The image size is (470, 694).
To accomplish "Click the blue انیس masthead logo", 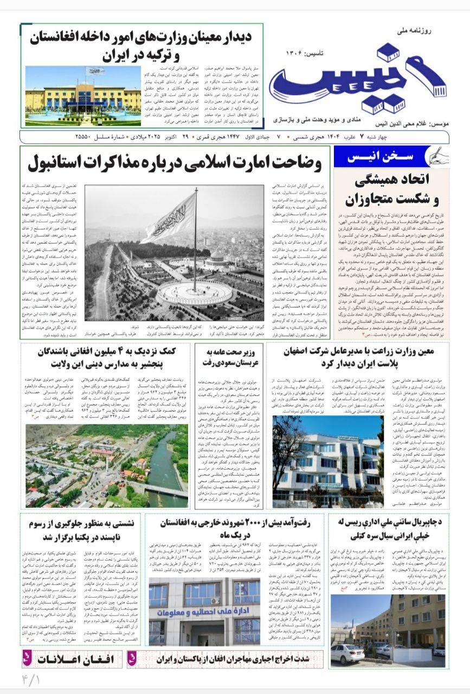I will [x=357, y=81].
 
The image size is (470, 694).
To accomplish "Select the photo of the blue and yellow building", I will [x=82, y=95].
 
